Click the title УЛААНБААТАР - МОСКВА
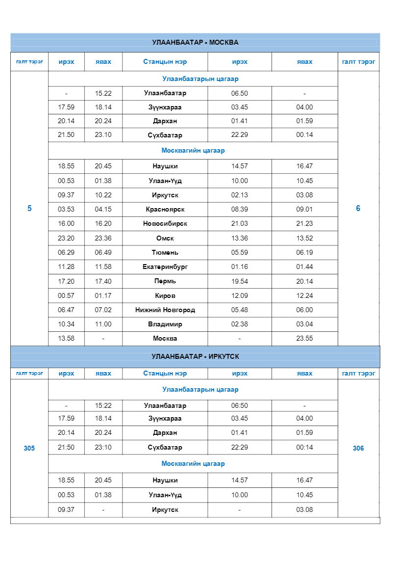[195, 43]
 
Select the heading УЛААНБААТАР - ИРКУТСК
[195, 357]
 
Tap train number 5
[29, 209]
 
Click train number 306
[358, 449]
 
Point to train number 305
[29, 449]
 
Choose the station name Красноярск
[165, 210]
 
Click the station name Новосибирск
[165, 224]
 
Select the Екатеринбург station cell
[165, 267]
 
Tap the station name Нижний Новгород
[165, 310]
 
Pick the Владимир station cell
[165, 324]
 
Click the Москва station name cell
[165, 339]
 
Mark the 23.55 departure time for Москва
[304, 339]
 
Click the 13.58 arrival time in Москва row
[66, 339]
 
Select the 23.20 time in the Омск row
[66, 239]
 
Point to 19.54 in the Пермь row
[240, 282]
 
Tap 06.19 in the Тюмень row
[304, 253]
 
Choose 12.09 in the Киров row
[240, 296]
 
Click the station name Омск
[165, 239]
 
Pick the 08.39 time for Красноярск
[240, 210]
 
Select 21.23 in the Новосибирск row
[304, 224]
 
